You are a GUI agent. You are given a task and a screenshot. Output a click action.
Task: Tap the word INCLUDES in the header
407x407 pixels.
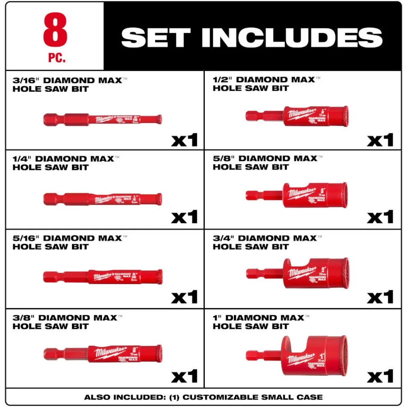pos(292,37)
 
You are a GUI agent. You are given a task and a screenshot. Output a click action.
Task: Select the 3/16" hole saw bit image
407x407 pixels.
pos(102,120)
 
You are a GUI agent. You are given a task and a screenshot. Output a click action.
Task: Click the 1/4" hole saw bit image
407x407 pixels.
pos(102,199)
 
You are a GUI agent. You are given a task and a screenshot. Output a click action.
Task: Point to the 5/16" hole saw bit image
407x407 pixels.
pos(102,276)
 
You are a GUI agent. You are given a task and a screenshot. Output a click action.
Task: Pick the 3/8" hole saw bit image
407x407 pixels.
pos(102,354)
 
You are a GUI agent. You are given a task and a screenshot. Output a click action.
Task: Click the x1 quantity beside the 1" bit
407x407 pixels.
pos(380,376)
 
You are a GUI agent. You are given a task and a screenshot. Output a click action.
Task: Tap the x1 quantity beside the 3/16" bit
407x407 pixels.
pos(185,140)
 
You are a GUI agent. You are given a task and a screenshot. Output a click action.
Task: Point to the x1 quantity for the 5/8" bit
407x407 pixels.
pos(380,217)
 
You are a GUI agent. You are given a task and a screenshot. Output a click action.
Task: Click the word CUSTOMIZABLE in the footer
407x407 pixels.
pos(215,397)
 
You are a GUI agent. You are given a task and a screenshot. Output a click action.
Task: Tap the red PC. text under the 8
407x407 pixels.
pos(56,58)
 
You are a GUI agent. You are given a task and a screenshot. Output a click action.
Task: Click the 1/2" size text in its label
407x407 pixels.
pos(222,80)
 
